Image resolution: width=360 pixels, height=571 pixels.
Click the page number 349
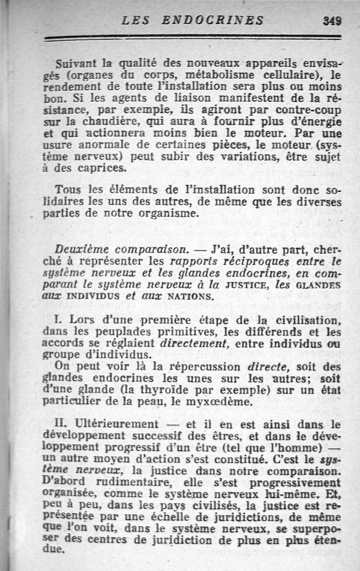pyautogui.click(x=332, y=21)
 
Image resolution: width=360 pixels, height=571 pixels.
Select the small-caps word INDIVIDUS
pyautogui.click(x=94, y=297)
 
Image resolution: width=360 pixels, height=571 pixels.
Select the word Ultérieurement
pyautogui.click(x=117, y=424)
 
